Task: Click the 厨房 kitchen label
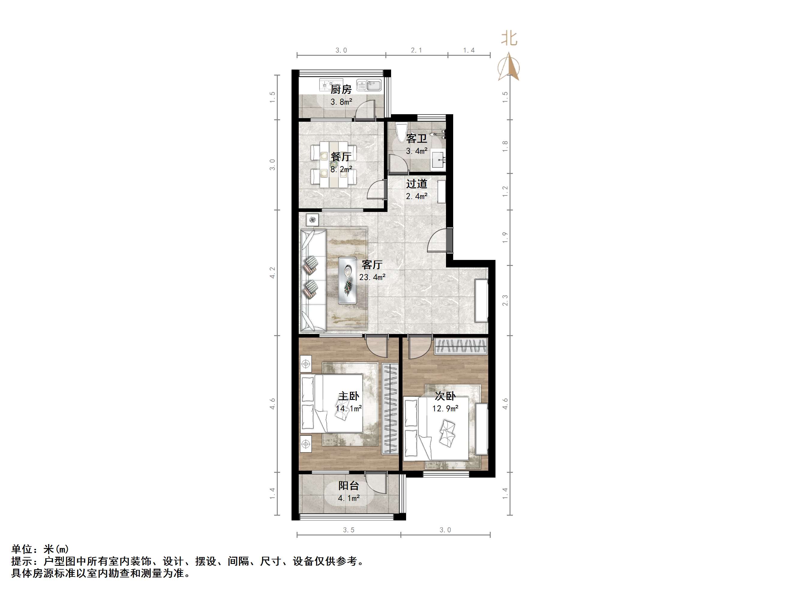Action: point(341,89)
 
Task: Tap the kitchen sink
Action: point(369,85)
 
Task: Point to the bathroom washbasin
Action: point(438,160)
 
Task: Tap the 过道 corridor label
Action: point(417,184)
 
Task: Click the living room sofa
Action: point(313,281)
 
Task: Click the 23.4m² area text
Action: point(372,277)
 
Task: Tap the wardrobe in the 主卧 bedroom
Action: point(390,409)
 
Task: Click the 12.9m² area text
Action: point(445,409)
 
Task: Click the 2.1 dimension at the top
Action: point(416,50)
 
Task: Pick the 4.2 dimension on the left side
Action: point(272,273)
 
